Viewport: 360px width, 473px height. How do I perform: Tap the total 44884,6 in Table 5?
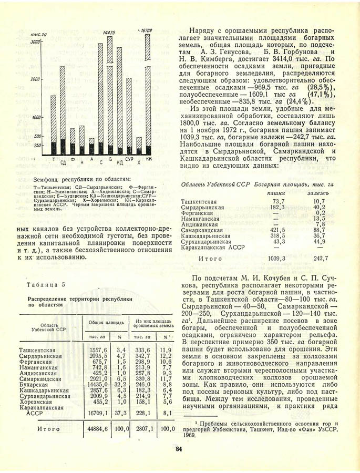(95, 429)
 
